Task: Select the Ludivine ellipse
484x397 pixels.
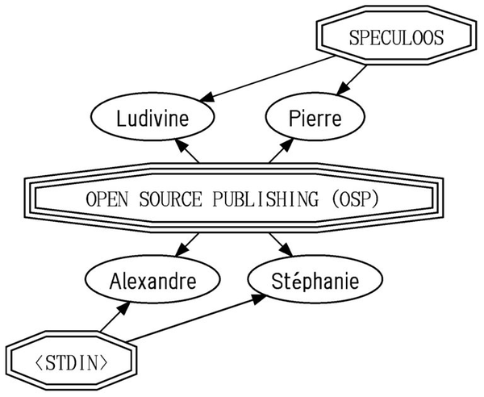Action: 152,117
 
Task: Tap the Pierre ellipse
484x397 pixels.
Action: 315,117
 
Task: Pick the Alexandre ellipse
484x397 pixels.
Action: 152,279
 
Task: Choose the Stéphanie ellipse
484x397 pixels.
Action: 315,279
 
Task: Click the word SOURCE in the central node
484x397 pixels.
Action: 170,199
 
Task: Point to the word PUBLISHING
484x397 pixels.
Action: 265,199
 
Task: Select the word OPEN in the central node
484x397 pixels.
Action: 106,199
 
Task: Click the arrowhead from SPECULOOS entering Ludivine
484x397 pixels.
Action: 207,96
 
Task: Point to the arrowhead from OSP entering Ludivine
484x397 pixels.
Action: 181,145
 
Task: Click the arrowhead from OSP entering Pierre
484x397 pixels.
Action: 286,145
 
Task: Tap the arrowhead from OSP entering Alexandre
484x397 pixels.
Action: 181,250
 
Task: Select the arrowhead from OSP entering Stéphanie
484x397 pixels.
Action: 286,250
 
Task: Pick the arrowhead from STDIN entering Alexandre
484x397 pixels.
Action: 124,308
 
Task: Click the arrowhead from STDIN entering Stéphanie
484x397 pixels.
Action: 260,299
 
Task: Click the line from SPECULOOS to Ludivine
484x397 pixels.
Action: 268,78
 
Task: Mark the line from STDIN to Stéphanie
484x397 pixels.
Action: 196,318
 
